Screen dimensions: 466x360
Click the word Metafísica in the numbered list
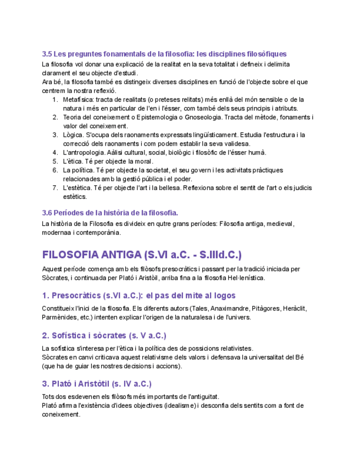point(77,99)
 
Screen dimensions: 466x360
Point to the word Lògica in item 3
point(73,135)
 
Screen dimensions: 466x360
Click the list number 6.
point(55,170)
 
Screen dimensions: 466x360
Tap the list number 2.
point(55,117)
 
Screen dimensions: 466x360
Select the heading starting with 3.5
point(164,54)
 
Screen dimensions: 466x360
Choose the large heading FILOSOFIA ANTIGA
point(142,255)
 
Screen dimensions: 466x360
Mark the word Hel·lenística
point(243,278)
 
